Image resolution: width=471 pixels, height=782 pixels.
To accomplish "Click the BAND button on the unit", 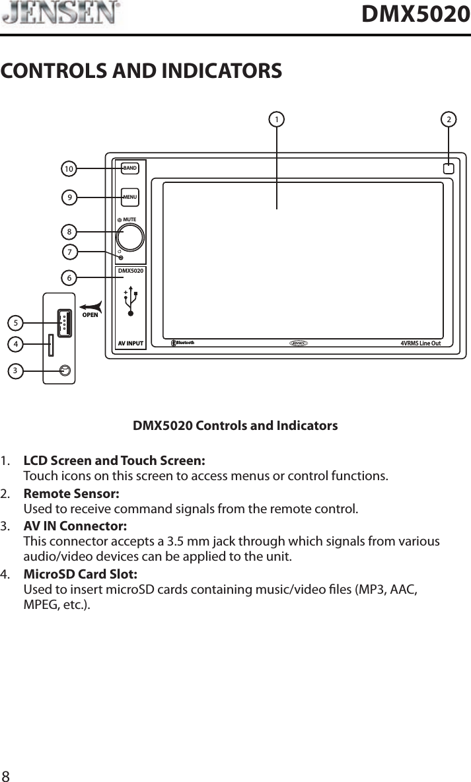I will [130, 168].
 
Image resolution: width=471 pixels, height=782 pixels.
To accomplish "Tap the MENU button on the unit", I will [130, 196].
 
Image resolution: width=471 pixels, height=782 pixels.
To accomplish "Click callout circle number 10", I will [68, 169].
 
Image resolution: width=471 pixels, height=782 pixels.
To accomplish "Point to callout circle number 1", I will [276, 120].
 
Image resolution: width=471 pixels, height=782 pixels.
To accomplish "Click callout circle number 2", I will [449, 120].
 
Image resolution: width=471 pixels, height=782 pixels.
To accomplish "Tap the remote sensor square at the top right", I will [449, 168].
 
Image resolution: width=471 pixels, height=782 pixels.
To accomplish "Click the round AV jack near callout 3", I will [64, 371].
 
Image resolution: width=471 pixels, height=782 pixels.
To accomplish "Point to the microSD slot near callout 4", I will [51, 345].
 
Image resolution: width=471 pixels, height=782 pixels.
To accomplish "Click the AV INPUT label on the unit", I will [130, 343].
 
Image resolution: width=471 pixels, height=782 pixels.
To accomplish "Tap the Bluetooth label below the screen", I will [184, 342].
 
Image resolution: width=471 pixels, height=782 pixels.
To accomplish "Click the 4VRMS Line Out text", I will [425, 343].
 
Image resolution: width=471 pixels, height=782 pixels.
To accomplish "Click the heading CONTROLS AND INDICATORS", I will [141, 70].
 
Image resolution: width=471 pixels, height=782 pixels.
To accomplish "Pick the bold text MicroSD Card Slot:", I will [81, 574].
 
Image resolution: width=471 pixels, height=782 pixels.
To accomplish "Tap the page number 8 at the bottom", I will [6, 774].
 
